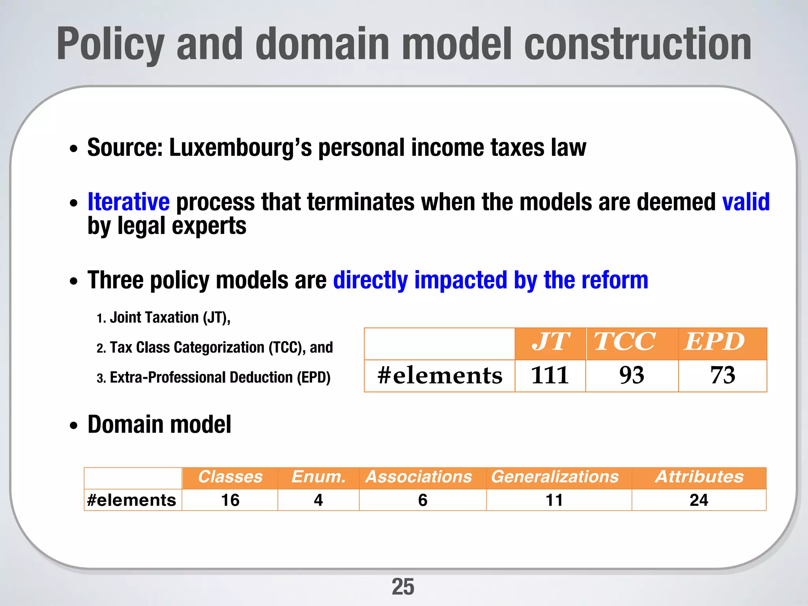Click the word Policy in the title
pyautogui.click(x=110, y=44)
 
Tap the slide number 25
pyautogui.click(x=403, y=587)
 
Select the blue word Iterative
pyautogui.click(x=129, y=202)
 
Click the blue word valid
pyautogui.click(x=746, y=202)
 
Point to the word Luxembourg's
pyautogui.click(x=240, y=148)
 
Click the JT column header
pyautogui.click(x=550, y=342)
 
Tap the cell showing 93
pyautogui.click(x=632, y=375)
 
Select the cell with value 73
pyautogui.click(x=722, y=375)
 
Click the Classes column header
pyautogui.click(x=230, y=477)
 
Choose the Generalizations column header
pyautogui.click(x=555, y=477)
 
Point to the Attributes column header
pyautogui.click(x=699, y=477)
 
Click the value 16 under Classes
pyautogui.click(x=230, y=500)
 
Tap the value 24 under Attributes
pyautogui.click(x=699, y=500)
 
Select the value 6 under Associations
pyautogui.click(x=423, y=500)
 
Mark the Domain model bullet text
pyautogui.click(x=159, y=425)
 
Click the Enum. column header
pyautogui.click(x=318, y=477)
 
